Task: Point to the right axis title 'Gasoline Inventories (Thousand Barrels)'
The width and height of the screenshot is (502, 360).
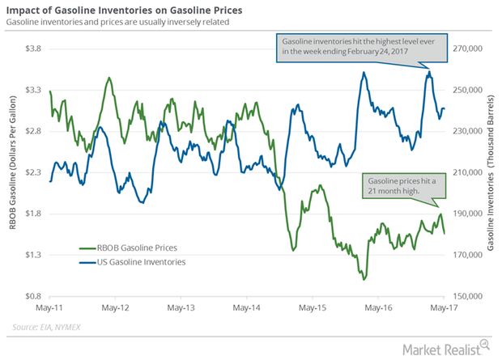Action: click(x=494, y=172)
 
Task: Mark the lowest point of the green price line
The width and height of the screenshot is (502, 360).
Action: click(x=364, y=279)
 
